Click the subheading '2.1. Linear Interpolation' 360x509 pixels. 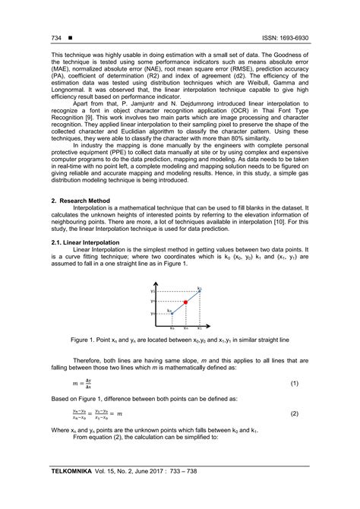tap(86, 242)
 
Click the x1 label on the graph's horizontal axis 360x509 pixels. tap(199, 327)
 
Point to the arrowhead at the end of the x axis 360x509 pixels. tap(209, 323)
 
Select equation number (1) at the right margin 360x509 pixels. tap(295, 385)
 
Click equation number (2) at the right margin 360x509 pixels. tap(295, 414)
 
